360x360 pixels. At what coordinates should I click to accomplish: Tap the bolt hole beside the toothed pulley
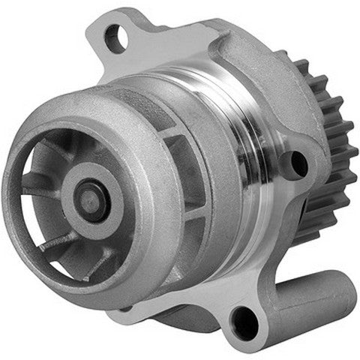coord(298,163)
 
